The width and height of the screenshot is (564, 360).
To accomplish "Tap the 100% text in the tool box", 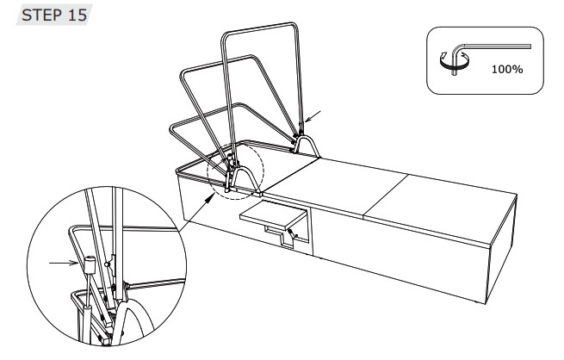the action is click(x=507, y=69).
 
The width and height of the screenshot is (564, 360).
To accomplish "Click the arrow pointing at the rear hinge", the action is click(x=312, y=116).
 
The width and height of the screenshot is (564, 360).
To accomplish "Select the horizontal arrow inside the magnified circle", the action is click(x=64, y=264).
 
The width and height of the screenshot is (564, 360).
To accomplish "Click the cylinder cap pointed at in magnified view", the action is click(x=89, y=265).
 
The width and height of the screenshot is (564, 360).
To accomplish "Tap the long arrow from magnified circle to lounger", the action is click(x=195, y=213).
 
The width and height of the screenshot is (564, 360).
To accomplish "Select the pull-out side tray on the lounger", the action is click(x=273, y=215).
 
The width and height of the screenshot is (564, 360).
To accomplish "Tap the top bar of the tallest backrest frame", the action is click(x=260, y=28).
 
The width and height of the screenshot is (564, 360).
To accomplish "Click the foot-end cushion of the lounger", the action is click(x=443, y=208).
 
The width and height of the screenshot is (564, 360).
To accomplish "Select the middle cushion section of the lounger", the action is click(x=338, y=188).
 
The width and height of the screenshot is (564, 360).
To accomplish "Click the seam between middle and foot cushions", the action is click(x=386, y=196).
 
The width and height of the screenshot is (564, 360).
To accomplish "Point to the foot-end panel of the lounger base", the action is click(x=502, y=251).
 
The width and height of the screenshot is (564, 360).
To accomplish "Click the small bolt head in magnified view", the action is click(x=107, y=264).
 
